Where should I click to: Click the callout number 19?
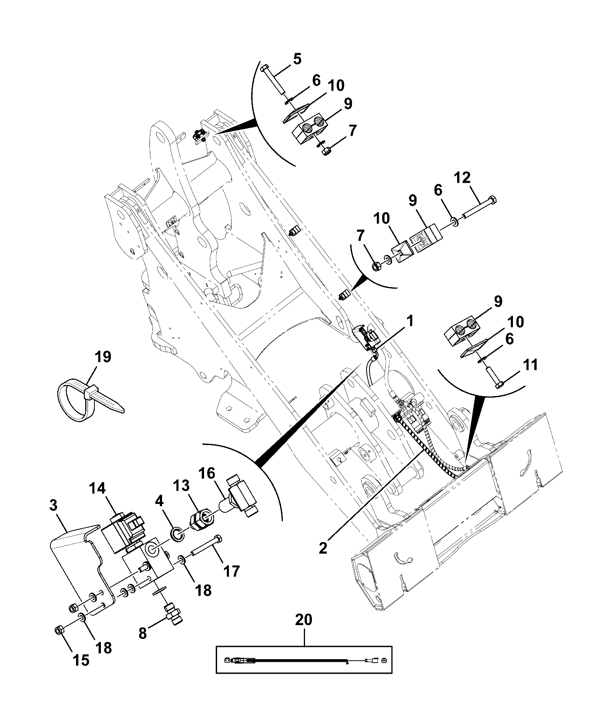[103, 357]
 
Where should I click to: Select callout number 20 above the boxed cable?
[304, 620]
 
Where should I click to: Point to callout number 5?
[297, 59]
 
